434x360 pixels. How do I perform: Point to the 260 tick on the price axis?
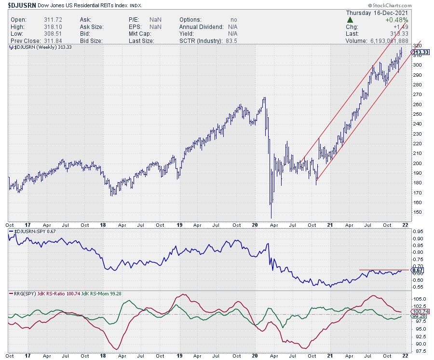coord(417,104)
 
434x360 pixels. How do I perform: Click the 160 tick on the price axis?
coord(417,202)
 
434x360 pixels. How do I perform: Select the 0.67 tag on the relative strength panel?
coord(417,270)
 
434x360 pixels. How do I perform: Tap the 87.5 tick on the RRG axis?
coord(418,350)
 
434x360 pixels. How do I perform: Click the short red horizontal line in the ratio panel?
coord(384,270)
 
